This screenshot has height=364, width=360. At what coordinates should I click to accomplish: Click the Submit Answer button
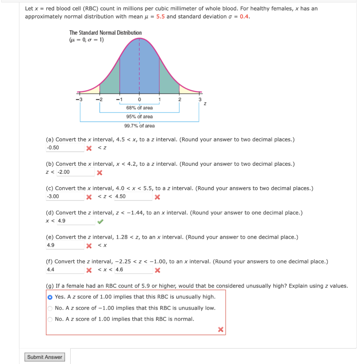[x=45, y=357]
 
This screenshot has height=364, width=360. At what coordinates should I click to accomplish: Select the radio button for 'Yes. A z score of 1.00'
[x=50, y=297]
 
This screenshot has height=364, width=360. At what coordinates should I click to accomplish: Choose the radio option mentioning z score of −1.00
[x=50, y=308]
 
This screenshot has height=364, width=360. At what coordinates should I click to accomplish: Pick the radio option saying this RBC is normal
[x=50, y=319]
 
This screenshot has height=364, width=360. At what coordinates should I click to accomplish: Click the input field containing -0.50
[x=65, y=148]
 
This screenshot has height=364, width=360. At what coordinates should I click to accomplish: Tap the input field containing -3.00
[x=65, y=197]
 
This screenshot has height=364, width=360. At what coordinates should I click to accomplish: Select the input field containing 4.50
[x=133, y=197]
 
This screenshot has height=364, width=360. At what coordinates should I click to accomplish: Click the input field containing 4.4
[x=65, y=270]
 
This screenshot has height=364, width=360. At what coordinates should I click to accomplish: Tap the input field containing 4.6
[x=133, y=270]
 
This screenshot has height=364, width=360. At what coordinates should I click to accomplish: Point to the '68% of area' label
[x=139, y=108]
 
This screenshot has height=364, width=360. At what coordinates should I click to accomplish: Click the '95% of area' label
[x=139, y=117]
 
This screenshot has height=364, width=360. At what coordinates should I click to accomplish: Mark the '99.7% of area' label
[x=139, y=125]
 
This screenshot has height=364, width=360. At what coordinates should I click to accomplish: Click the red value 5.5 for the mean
[x=160, y=16]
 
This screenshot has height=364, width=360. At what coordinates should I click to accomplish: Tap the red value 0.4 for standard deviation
[x=244, y=16]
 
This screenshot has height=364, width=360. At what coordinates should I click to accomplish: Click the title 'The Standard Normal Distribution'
[x=106, y=33]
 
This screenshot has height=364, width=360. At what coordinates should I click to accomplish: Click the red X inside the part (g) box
[x=220, y=330]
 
